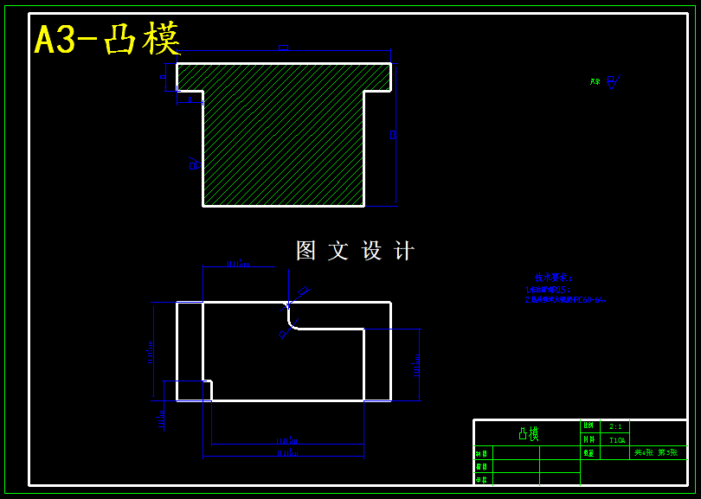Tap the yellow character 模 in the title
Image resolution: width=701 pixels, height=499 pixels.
pyautogui.click(x=163, y=39)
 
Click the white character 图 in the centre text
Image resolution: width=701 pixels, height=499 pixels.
pyautogui.click(x=305, y=251)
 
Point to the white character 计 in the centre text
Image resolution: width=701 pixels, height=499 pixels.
pyautogui.click(x=403, y=251)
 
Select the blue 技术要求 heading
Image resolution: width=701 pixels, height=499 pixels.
pyautogui.click(x=553, y=278)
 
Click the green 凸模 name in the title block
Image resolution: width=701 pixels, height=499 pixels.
pyautogui.click(x=527, y=433)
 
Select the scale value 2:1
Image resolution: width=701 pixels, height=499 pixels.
pyautogui.click(x=615, y=426)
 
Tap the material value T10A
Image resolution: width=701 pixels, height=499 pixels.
pyautogui.click(x=616, y=440)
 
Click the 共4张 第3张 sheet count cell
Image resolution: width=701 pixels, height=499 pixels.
pyautogui.click(x=655, y=452)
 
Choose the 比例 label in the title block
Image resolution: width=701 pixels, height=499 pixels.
pyautogui.click(x=588, y=426)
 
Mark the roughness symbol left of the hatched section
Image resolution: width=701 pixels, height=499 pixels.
pyautogui.click(x=194, y=163)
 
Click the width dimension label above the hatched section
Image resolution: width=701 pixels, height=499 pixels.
pyautogui.click(x=283, y=48)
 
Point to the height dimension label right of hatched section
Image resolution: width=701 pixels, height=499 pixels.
pyautogui.click(x=392, y=134)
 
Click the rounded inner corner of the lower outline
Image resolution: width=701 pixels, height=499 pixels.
pyautogui.click(x=292, y=323)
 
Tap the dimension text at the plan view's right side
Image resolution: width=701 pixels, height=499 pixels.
pyautogui.click(x=417, y=365)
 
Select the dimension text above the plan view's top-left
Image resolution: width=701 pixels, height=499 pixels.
pyautogui.click(x=237, y=263)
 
